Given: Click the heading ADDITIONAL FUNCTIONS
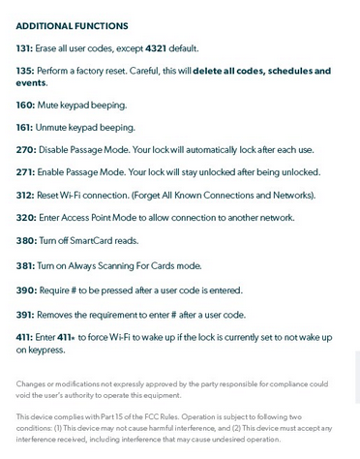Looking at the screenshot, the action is coord(72,26).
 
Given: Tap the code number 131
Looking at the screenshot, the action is coord(24,47).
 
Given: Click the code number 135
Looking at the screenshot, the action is coord(24,71).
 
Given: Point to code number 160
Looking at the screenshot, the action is coord(25,105).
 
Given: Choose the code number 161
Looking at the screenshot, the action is coord(24,127).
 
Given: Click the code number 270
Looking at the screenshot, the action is coord(25,149).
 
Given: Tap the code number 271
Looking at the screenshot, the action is coord(25,171).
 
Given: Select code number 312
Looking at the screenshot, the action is coord(25,195).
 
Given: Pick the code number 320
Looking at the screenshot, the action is coord(25,218).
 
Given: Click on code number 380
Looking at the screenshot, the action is coord(25,240).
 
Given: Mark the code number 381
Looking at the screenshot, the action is coord(25,265).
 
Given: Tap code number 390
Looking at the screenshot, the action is coord(25,290).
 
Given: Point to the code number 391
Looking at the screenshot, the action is coord(25,314).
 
